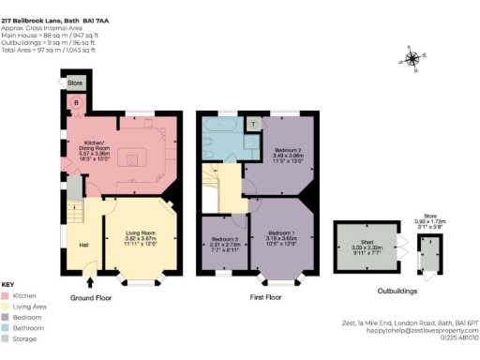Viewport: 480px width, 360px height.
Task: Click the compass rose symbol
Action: point(413,58)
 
